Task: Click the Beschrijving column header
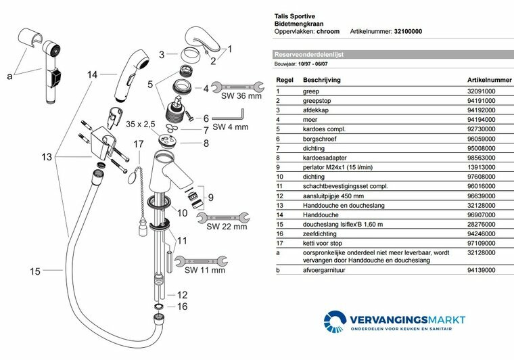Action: point(321,78)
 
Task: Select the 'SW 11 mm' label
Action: point(204,270)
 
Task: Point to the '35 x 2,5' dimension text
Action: point(141,125)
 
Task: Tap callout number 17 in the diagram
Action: point(138,143)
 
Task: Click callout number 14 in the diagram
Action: point(93,74)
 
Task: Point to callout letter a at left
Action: point(9,76)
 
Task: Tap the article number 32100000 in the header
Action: point(413,31)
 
